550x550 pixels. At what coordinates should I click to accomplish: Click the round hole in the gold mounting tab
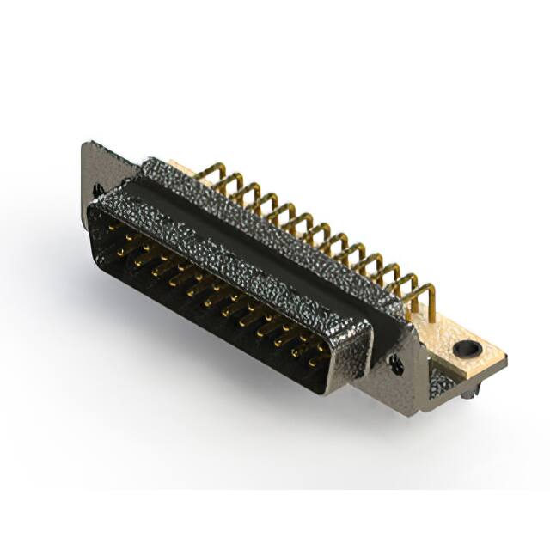pos(465,349)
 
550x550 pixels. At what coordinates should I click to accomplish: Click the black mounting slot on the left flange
pos(98,189)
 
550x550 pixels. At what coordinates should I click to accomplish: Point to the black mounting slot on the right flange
pos(397,364)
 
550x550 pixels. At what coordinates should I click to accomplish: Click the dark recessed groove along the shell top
pos(258,241)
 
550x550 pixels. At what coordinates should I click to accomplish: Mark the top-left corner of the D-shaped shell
pos(93,199)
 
